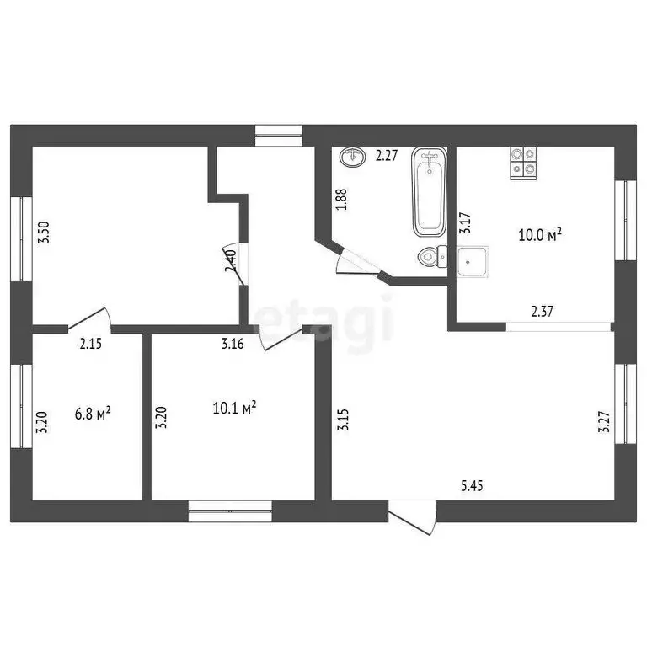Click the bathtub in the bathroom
click(x=429, y=192)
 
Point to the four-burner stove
click(x=523, y=163)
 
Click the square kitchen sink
click(x=472, y=263)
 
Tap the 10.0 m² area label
click(x=539, y=236)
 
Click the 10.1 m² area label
click(x=235, y=409)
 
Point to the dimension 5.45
click(x=472, y=485)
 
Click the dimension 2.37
click(x=543, y=312)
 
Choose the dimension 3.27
click(x=602, y=420)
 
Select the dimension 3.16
click(x=233, y=343)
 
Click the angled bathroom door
click(x=358, y=263)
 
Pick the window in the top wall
click(x=278, y=135)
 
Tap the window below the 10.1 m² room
click(x=230, y=511)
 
